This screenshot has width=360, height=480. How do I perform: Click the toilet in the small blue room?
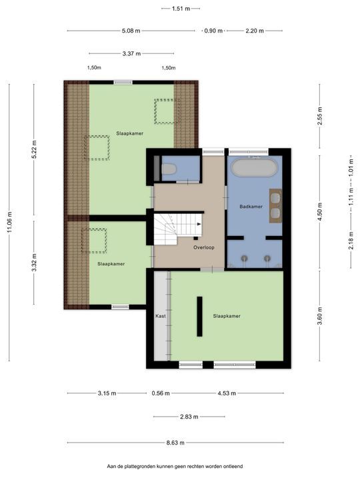[169, 169]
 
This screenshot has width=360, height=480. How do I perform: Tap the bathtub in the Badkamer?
[255, 167]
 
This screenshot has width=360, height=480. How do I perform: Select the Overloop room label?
[204, 247]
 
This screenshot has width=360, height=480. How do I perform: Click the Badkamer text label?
[251, 207]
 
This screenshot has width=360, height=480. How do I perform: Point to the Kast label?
[161, 316]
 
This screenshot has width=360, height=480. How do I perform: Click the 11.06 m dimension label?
[10, 222]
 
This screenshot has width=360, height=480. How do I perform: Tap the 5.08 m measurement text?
[131, 31]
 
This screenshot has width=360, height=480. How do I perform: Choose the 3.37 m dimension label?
[131, 53]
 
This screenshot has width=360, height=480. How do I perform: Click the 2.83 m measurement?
[189, 417]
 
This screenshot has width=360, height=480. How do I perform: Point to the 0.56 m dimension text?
[161, 393]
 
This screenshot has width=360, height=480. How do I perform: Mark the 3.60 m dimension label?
[320, 316]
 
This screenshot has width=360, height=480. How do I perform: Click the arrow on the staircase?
[199, 224]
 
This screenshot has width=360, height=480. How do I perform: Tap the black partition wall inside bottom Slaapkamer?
[199, 317]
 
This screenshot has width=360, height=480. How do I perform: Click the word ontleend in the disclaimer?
[233, 467]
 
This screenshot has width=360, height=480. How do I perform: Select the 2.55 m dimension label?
[320, 116]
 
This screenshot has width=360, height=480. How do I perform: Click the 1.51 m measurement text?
[181, 9]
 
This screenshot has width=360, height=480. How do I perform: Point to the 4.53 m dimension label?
[227, 393]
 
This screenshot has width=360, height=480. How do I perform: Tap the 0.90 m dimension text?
[214, 31]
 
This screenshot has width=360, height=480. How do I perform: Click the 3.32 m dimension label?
[34, 263]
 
